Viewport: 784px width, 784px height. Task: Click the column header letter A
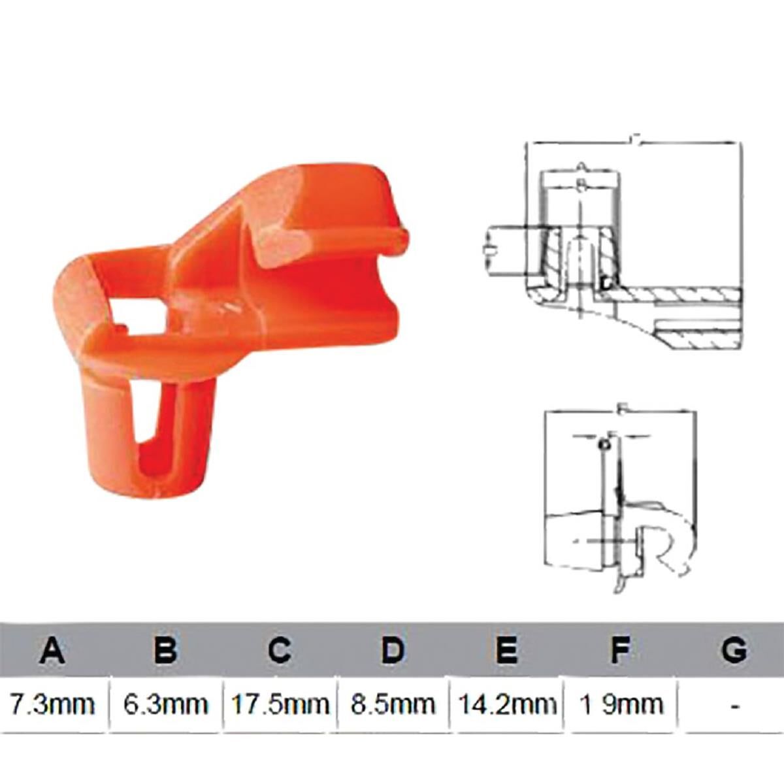tap(53, 650)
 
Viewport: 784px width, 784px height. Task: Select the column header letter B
tap(166, 650)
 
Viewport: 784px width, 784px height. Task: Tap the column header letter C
tap(279, 650)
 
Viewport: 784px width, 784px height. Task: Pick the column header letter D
tap(393, 650)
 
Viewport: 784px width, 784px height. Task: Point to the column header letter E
tap(506, 650)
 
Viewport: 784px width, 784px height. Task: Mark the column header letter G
tap(734, 650)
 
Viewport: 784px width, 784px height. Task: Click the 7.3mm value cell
tap(53, 704)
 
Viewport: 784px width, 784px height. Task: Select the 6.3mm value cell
tap(166, 704)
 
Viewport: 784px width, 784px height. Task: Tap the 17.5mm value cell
tap(280, 704)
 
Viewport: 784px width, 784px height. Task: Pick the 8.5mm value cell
tap(393, 704)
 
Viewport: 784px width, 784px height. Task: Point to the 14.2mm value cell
tap(506, 704)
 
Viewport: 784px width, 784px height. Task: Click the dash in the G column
tap(735, 706)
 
